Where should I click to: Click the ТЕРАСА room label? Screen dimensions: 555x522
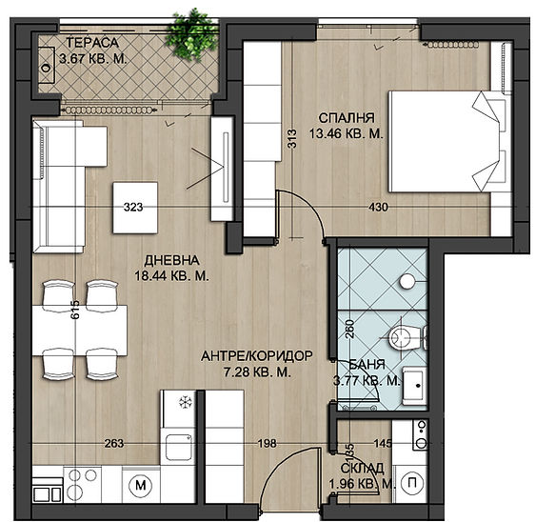(x=92, y=43)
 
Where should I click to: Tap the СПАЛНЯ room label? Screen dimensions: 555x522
(x=347, y=118)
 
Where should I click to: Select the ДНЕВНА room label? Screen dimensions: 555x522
(x=171, y=261)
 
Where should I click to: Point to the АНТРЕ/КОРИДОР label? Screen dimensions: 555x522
(x=257, y=356)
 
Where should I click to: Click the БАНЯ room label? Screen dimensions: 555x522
(x=367, y=365)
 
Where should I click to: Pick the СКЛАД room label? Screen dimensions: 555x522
(x=362, y=468)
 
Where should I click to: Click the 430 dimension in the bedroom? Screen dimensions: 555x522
(x=378, y=207)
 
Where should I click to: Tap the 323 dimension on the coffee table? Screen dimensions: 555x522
(x=133, y=207)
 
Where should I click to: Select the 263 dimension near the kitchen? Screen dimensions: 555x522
(x=114, y=443)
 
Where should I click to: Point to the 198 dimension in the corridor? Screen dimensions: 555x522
(x=267, y=443)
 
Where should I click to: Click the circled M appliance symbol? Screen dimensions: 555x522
(x=141, y=485)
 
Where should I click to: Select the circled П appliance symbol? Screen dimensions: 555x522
(x=410, y=483)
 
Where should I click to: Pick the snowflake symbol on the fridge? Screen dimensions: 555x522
(x=185, y=402)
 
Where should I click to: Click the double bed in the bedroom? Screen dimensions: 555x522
(x=450, y=142)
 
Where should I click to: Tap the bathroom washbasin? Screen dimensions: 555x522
(x=414, y=385)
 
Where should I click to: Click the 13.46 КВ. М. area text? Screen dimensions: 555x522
(x=347, y=134)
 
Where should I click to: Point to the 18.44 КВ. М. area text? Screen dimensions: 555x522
(x=171, y=275)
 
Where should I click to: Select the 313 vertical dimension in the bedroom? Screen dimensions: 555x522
(x=292, y=138)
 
